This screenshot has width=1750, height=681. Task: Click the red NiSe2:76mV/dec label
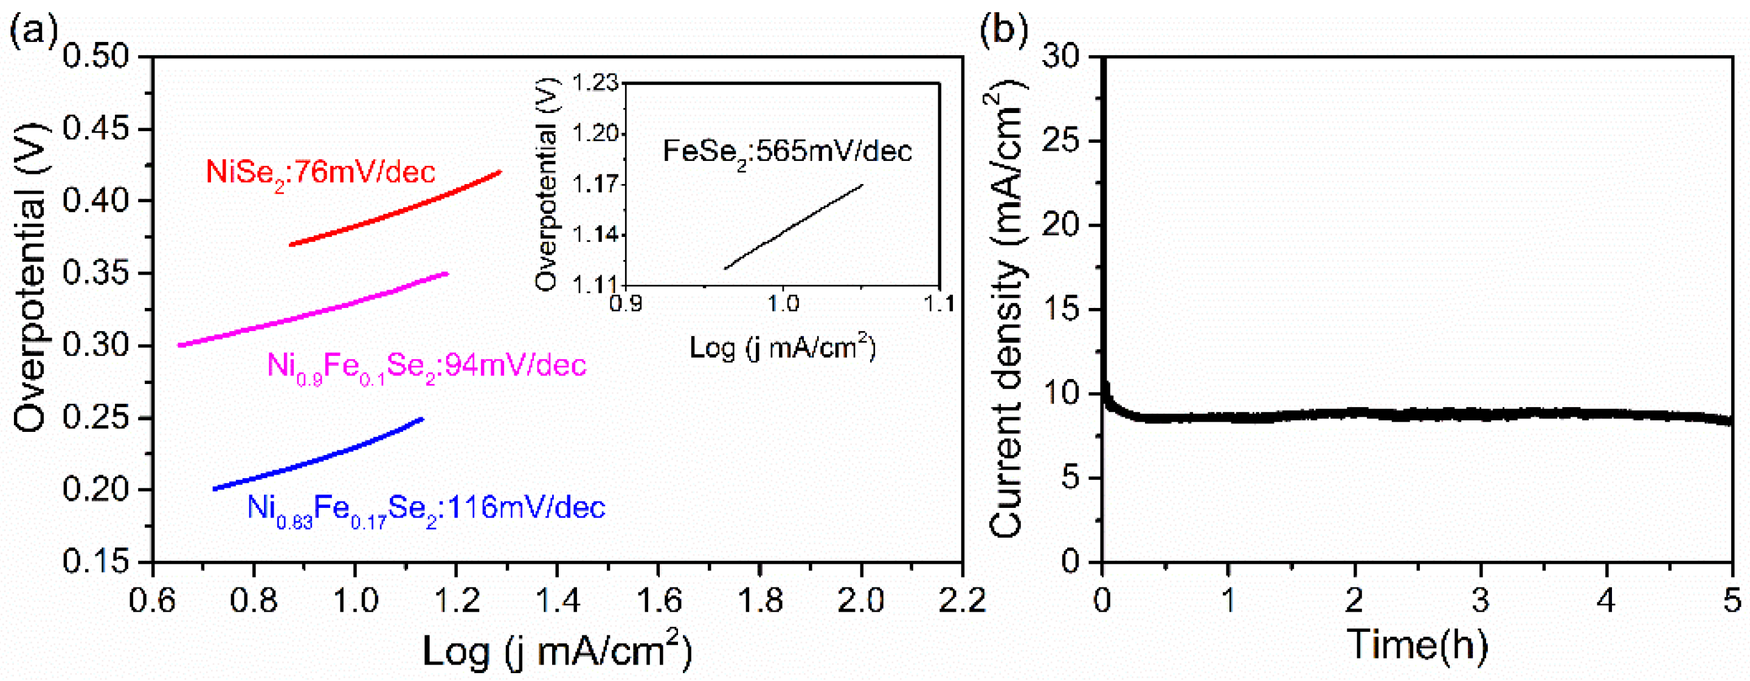click(320, 173)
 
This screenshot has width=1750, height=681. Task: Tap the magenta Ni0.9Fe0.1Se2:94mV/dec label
click(426, 367)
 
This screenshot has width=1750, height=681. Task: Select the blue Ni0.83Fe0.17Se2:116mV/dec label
click(426, 508)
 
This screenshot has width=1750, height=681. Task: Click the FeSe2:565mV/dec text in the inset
click(787, 151)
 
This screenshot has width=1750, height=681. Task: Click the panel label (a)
click(33, 30)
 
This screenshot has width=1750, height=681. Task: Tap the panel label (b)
click(1003, 30)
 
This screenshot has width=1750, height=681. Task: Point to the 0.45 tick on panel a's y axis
click(96, 129)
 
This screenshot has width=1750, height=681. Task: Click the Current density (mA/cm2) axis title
click(1007, 309)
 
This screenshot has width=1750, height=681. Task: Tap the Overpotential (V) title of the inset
click(546, 187)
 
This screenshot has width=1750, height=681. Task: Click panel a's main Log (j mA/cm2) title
click(557, 650)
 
